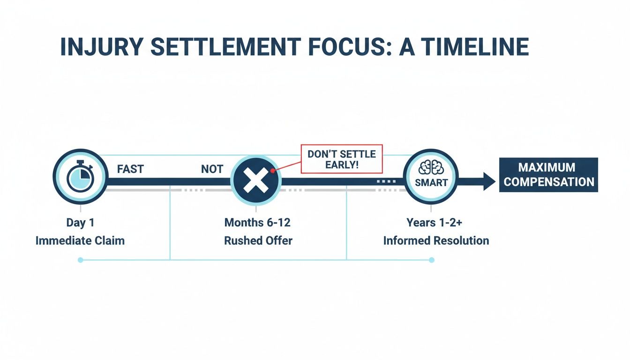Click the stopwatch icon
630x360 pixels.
pos(81,178)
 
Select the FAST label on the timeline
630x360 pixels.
pos(130,169)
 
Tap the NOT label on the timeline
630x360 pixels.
pos(212,169)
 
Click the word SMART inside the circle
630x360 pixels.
pos(431,182)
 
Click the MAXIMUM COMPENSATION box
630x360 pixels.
pos(548,175)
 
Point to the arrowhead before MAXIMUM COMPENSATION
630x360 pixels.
pos(488,181)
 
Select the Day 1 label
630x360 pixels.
pos(80,222)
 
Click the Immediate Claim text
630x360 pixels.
pos(80,241)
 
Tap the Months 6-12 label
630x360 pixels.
pos(258,222)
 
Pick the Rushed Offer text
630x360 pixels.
pos(258,241)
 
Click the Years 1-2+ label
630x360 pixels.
pos(435,222)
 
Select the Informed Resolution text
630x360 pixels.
pos(436,241)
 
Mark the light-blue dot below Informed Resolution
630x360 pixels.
pos(432,260)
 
